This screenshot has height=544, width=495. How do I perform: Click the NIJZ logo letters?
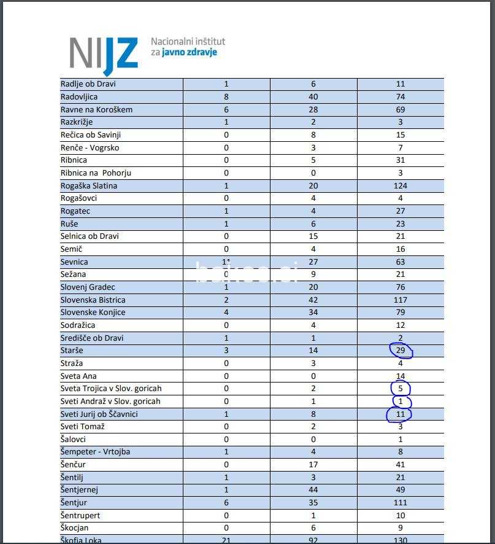(104, 53)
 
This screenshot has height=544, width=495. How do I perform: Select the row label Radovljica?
(79, 96)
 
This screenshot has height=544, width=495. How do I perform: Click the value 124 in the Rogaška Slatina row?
(401, 185)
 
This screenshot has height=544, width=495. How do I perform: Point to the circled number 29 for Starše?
(401, 350)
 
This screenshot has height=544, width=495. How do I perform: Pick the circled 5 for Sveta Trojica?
(401, 388)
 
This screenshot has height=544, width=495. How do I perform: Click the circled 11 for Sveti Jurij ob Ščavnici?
(400, 414)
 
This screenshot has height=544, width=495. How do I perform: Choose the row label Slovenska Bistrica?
(93, 300)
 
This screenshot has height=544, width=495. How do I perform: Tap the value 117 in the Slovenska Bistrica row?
(401, 300)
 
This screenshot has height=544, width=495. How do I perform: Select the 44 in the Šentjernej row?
(313, 489)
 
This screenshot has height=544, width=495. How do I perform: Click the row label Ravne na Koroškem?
(96, 109)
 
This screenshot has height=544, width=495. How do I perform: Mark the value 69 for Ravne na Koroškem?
(401, 109)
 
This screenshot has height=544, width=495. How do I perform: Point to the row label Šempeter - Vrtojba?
(95, 451)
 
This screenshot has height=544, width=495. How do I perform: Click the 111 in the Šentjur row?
(401, 502)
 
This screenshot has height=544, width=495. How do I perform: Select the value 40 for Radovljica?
(313, 96)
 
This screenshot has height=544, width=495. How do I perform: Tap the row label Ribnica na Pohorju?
(96, 173)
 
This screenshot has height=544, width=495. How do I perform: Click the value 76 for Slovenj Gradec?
(401, 287)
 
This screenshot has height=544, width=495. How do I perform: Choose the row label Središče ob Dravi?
(92, 338)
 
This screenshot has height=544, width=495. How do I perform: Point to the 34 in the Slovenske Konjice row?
(313, 312)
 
